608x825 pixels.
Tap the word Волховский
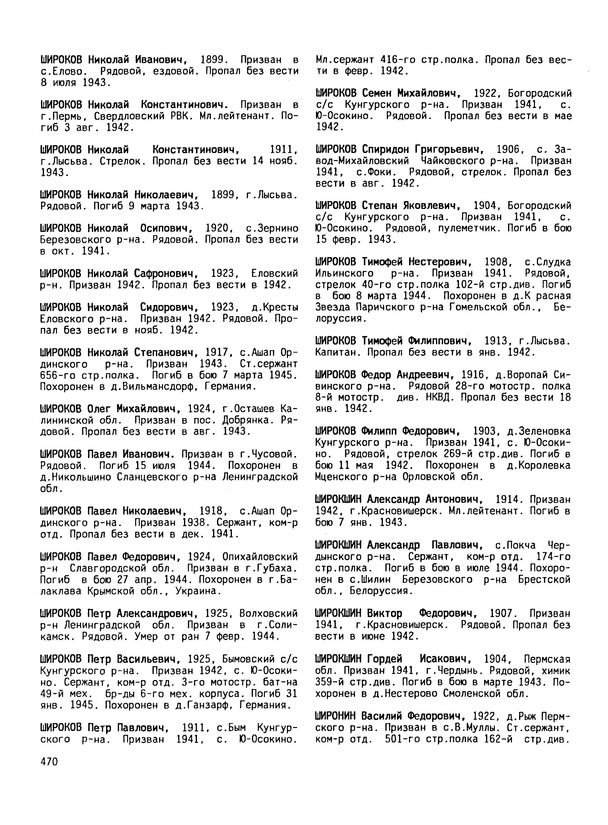[268, 614]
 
